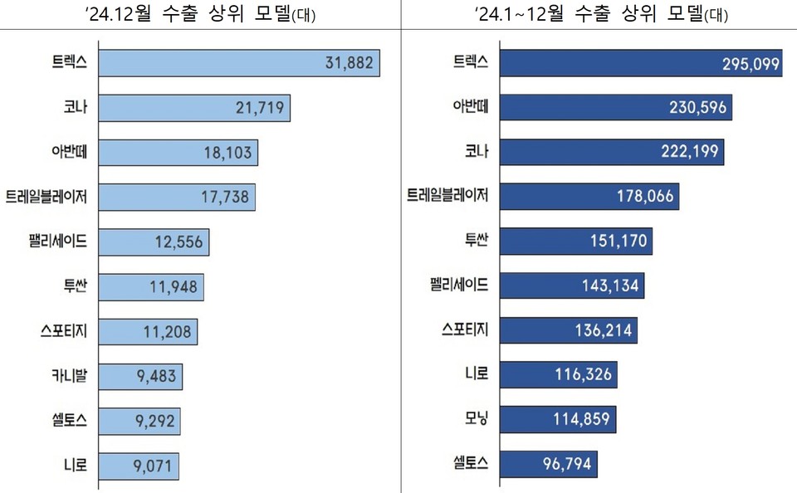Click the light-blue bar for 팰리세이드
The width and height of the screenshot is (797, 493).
click(x=154, y=242)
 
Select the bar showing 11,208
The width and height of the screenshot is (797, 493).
click(x=149, y=331)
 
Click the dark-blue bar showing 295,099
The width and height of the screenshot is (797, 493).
click(x=639, y=63)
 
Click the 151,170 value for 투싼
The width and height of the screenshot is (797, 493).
click(x=618, y=242)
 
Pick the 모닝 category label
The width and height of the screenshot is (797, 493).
click(x=474, y=420)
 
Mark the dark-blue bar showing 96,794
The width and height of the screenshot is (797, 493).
click(x=548, y=465)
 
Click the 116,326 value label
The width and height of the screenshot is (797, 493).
click(x=583, y=375)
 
